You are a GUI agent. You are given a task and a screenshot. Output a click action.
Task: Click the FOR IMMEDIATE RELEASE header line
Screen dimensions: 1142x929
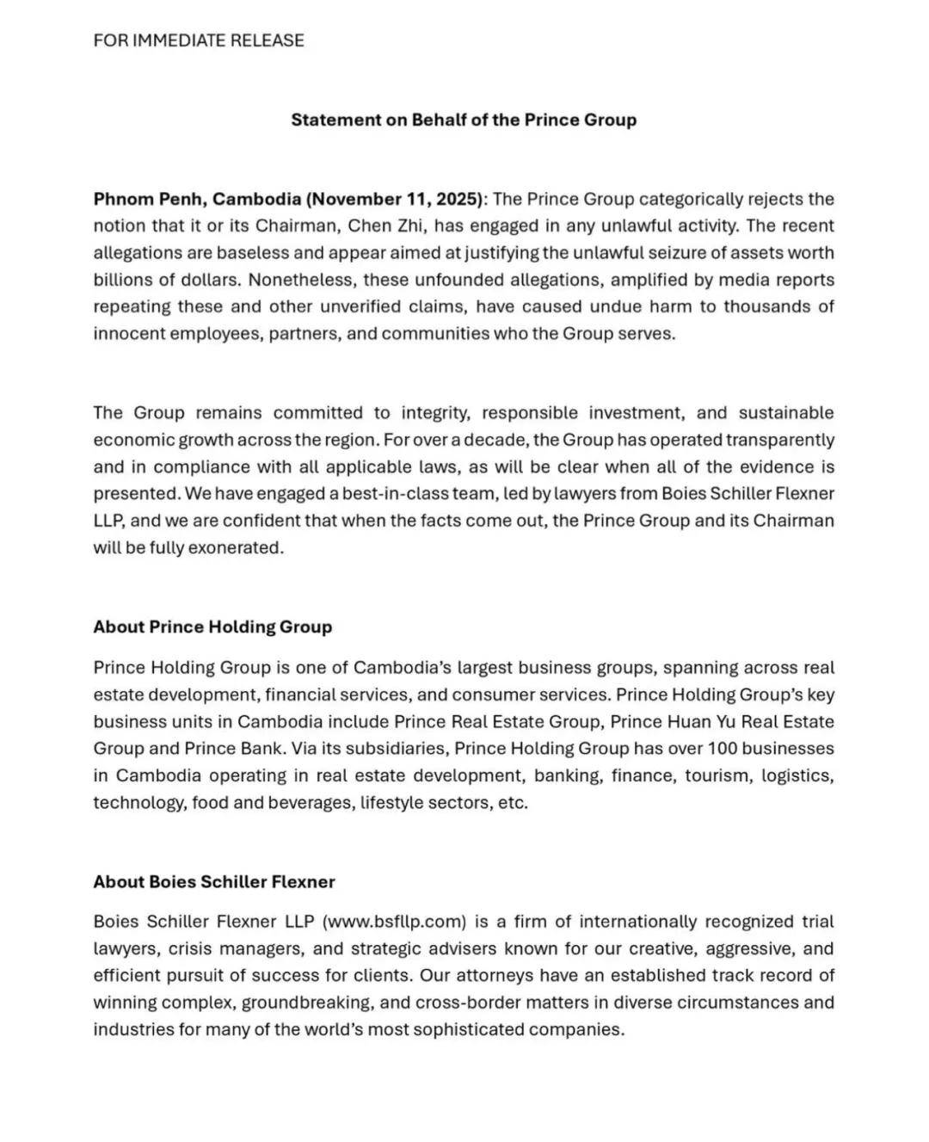pyautogui.click(x=199, y=40)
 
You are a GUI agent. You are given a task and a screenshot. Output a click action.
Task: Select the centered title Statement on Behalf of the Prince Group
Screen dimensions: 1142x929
pyautogui.click(x=464, y=120)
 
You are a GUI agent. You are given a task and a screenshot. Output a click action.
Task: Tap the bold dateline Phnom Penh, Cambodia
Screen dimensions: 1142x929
pyautogui.click(x=196, y=199)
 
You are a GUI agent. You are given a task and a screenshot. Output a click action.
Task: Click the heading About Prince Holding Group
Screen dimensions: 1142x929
pyautogui.click(x=212, y=627)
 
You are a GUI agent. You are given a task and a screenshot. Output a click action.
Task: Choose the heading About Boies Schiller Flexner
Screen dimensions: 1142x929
pyautogui.click(x=214, y=881)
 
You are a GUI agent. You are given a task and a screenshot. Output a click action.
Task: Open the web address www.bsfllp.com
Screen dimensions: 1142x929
pyautogui.click(x=394, y=922)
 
